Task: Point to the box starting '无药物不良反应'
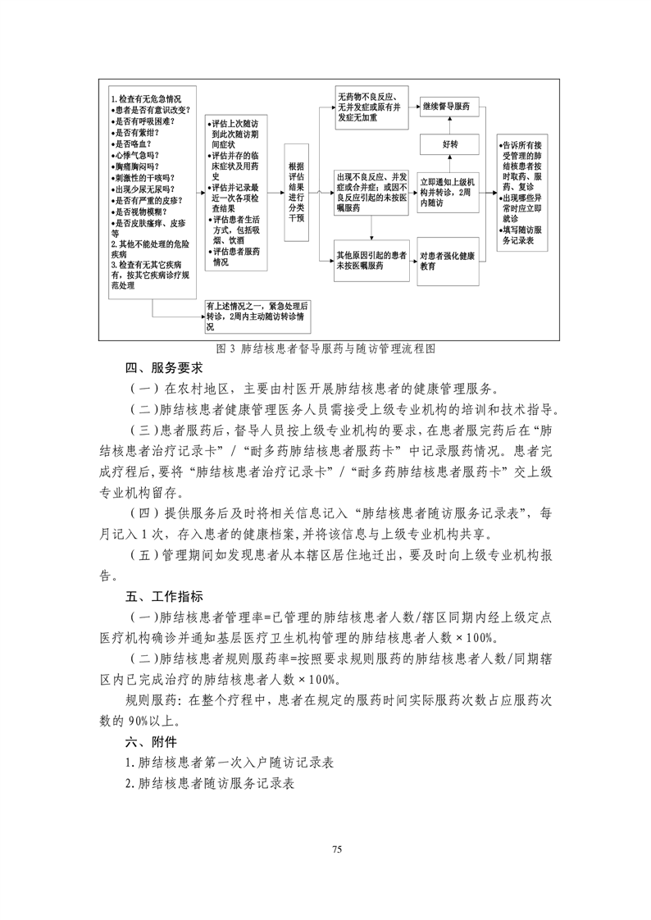click(371, 107)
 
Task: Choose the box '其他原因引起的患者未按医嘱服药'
click(371, 261)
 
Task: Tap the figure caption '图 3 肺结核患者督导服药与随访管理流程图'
click(325, 348)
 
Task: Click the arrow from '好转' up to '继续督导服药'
click(448, 125)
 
